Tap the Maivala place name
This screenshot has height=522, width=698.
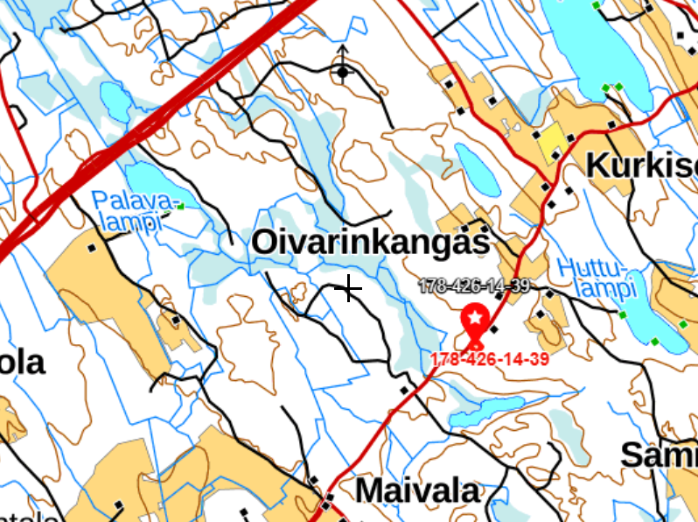tap(419, 490)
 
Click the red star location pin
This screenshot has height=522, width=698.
tap(474, 321)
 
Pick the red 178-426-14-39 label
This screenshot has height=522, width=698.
tap(489, 359)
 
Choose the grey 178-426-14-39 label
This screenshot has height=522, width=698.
tap(474, 286)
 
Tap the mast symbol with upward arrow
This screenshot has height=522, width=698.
tap(342, 67)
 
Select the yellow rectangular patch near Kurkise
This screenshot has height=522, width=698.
tap(551, 143)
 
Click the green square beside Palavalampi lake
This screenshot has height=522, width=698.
tap(181, 207)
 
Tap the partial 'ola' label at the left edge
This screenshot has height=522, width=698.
tap(21, 362)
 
